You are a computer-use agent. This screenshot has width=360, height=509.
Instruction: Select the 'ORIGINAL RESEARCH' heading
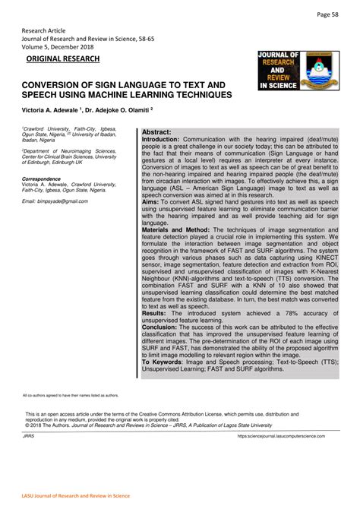coord(63,58)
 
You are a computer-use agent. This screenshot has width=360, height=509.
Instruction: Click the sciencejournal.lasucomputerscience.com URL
coord(286,437)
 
